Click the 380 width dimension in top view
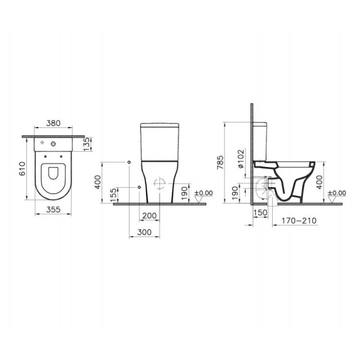(x=54, y=123)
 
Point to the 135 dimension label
(x=85, y=143)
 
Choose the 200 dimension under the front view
(x=149, y=215)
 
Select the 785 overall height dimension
(x=228, y=162)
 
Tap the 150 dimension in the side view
(x=260, y=213)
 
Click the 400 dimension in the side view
(x=319, y=181)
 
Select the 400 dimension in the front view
(x=98, y=181)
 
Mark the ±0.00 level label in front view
(x=204, y=192)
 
